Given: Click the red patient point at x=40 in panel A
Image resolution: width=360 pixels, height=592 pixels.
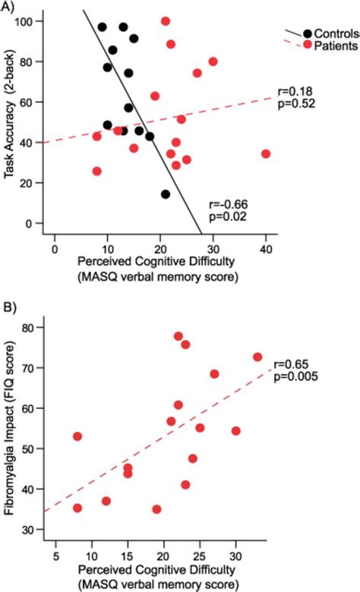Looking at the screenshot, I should click(266, 154).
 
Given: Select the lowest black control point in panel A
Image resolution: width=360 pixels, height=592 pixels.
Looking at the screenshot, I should click(166, 194).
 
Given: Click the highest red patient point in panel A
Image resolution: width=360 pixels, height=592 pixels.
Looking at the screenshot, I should click(166, 21).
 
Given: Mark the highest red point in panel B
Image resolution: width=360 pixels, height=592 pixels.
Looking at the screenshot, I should click(178, 336).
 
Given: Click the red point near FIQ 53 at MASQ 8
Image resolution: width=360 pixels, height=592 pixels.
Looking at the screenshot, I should click(77, 436).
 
